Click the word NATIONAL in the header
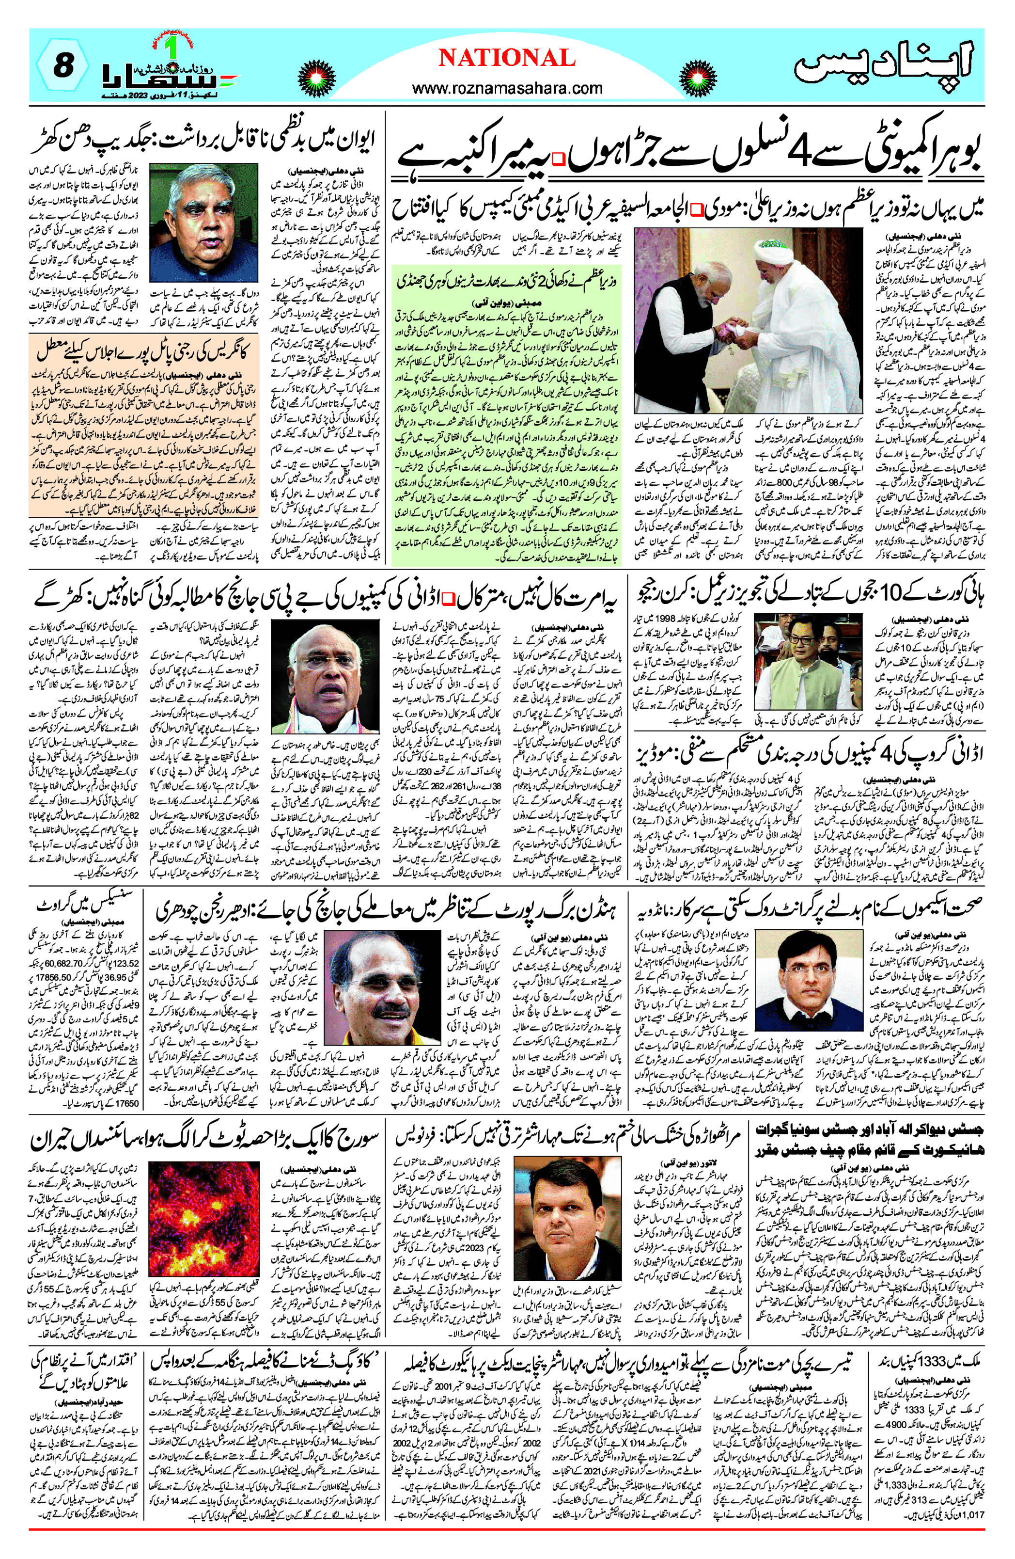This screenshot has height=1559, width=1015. pos(506,58)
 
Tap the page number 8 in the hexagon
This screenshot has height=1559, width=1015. pos(62,67)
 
